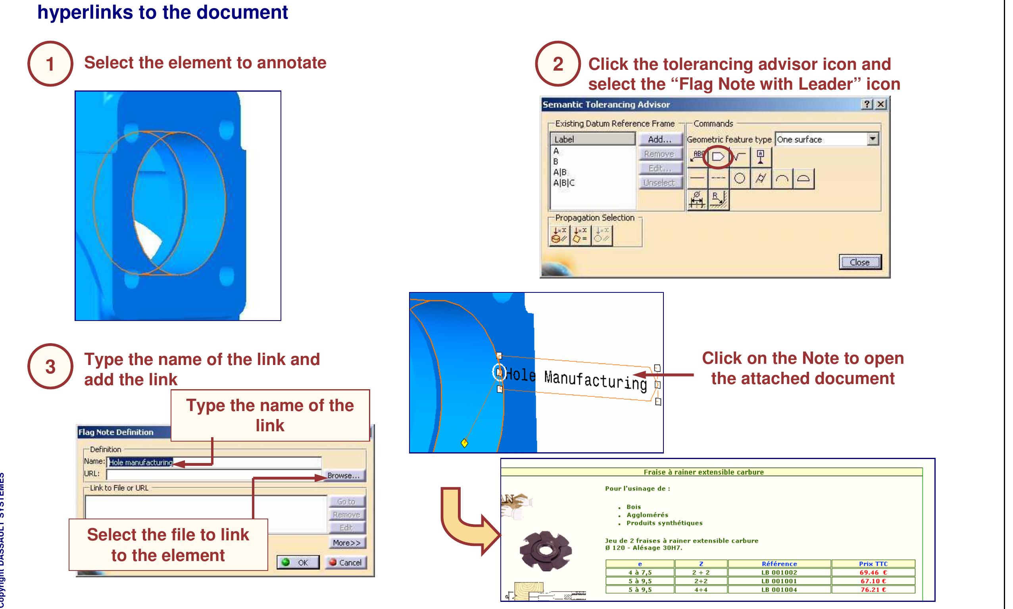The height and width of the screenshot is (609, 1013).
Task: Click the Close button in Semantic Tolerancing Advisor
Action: click(x=859, y=262)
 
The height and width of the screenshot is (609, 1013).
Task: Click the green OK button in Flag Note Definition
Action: click(x=298, y=562)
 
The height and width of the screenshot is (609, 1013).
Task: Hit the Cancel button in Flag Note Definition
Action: click(x=346, y=562)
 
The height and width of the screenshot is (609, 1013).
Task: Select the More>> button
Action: click(x=347, y=542)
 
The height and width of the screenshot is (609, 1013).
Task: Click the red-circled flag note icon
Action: click(x=718, y=157)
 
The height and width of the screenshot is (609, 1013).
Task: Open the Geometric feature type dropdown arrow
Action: click(x=873, y=139)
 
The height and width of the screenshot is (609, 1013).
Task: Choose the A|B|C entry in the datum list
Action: click(x=564, y=183)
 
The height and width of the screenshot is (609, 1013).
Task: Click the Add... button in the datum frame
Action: click(x=659, y=140)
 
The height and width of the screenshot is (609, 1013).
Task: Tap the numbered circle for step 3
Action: click(x=50, y=367)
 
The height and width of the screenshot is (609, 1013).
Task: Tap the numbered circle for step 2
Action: click(x=557, y=64)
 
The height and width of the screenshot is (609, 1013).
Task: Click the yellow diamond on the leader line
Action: click(x=464, y=443)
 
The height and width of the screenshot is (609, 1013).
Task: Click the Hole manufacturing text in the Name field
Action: click(x=141, y=463)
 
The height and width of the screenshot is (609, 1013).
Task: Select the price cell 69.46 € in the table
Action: click(x=873, y=572)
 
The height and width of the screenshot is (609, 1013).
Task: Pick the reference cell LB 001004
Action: click(x=779, y=590)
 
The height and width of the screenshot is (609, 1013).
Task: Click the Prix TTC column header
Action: click(x=873, y=564)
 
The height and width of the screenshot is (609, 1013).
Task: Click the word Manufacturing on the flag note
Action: click(x=595, y=380)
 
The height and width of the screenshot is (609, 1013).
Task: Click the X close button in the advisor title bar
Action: click(x=880, y=104)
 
